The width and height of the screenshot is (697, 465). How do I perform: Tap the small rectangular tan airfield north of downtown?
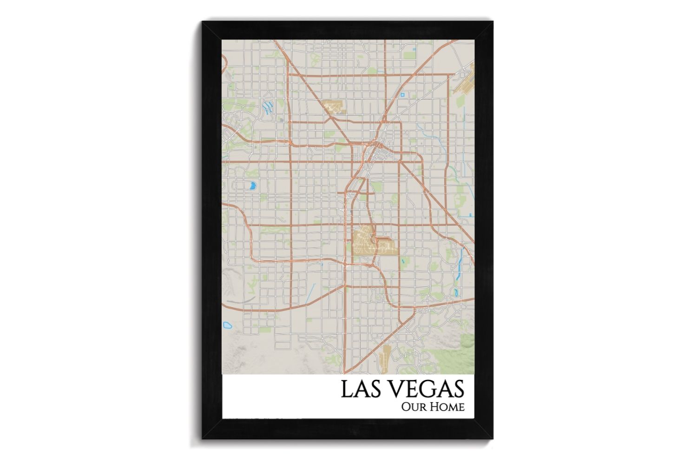[334, 106]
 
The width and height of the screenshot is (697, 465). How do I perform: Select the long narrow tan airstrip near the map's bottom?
[384, 360]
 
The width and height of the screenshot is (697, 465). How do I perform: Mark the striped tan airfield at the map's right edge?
[465, 82]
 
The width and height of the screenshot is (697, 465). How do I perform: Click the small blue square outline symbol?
[402, 95]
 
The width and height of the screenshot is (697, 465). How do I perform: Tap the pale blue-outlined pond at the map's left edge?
[227, 325]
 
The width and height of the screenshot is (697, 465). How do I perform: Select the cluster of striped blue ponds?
[267, 108]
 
